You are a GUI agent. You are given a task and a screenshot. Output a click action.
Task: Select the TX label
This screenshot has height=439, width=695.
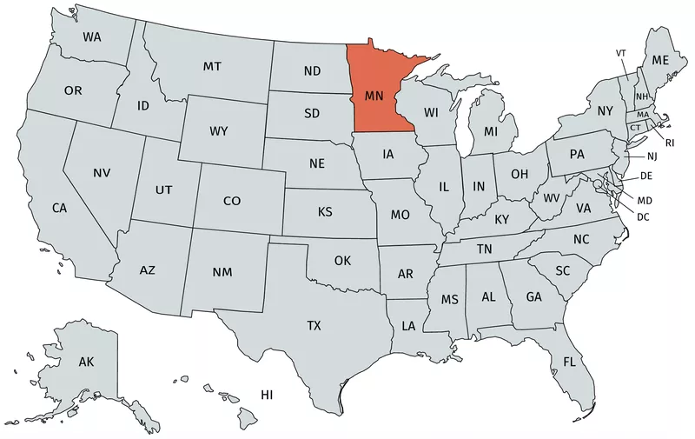tap(314, 326)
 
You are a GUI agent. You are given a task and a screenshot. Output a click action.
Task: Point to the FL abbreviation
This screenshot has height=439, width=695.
tap(569, 361)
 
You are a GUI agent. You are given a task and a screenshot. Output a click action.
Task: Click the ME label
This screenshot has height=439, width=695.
tap(660, 60)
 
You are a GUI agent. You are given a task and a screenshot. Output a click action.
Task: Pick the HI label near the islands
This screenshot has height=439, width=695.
tap(268, 396)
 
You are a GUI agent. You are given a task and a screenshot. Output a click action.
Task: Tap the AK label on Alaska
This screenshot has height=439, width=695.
tap(86, 361)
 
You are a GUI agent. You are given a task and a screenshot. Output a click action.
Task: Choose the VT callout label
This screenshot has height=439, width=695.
tap(621, 53)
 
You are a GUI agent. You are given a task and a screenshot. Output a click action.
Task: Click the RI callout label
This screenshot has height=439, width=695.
tap(670, 142)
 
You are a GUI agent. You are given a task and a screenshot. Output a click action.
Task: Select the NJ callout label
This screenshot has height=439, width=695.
tap(652, 156)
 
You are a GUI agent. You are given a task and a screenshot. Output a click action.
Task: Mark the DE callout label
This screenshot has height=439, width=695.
tap(646, 176)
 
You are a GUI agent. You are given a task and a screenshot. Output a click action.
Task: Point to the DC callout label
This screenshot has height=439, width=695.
tap(644, 216)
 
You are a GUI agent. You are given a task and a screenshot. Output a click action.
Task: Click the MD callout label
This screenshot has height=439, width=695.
tap(645, 201)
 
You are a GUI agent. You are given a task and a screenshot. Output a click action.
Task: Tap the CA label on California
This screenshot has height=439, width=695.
tap(59, 208)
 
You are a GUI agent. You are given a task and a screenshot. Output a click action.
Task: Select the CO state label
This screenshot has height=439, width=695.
tap(232, 201)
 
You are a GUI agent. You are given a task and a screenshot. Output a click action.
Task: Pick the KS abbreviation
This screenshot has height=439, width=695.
tap(325, 212)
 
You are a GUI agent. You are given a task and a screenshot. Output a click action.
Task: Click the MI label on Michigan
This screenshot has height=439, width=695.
tap(491, 131)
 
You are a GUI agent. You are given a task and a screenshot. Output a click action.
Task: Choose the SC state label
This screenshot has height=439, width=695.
tap(563, 270)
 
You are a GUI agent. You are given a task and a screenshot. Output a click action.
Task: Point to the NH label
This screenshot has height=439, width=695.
tap(641, 96)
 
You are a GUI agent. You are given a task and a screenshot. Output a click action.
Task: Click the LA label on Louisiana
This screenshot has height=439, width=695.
tap(408, 326)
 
